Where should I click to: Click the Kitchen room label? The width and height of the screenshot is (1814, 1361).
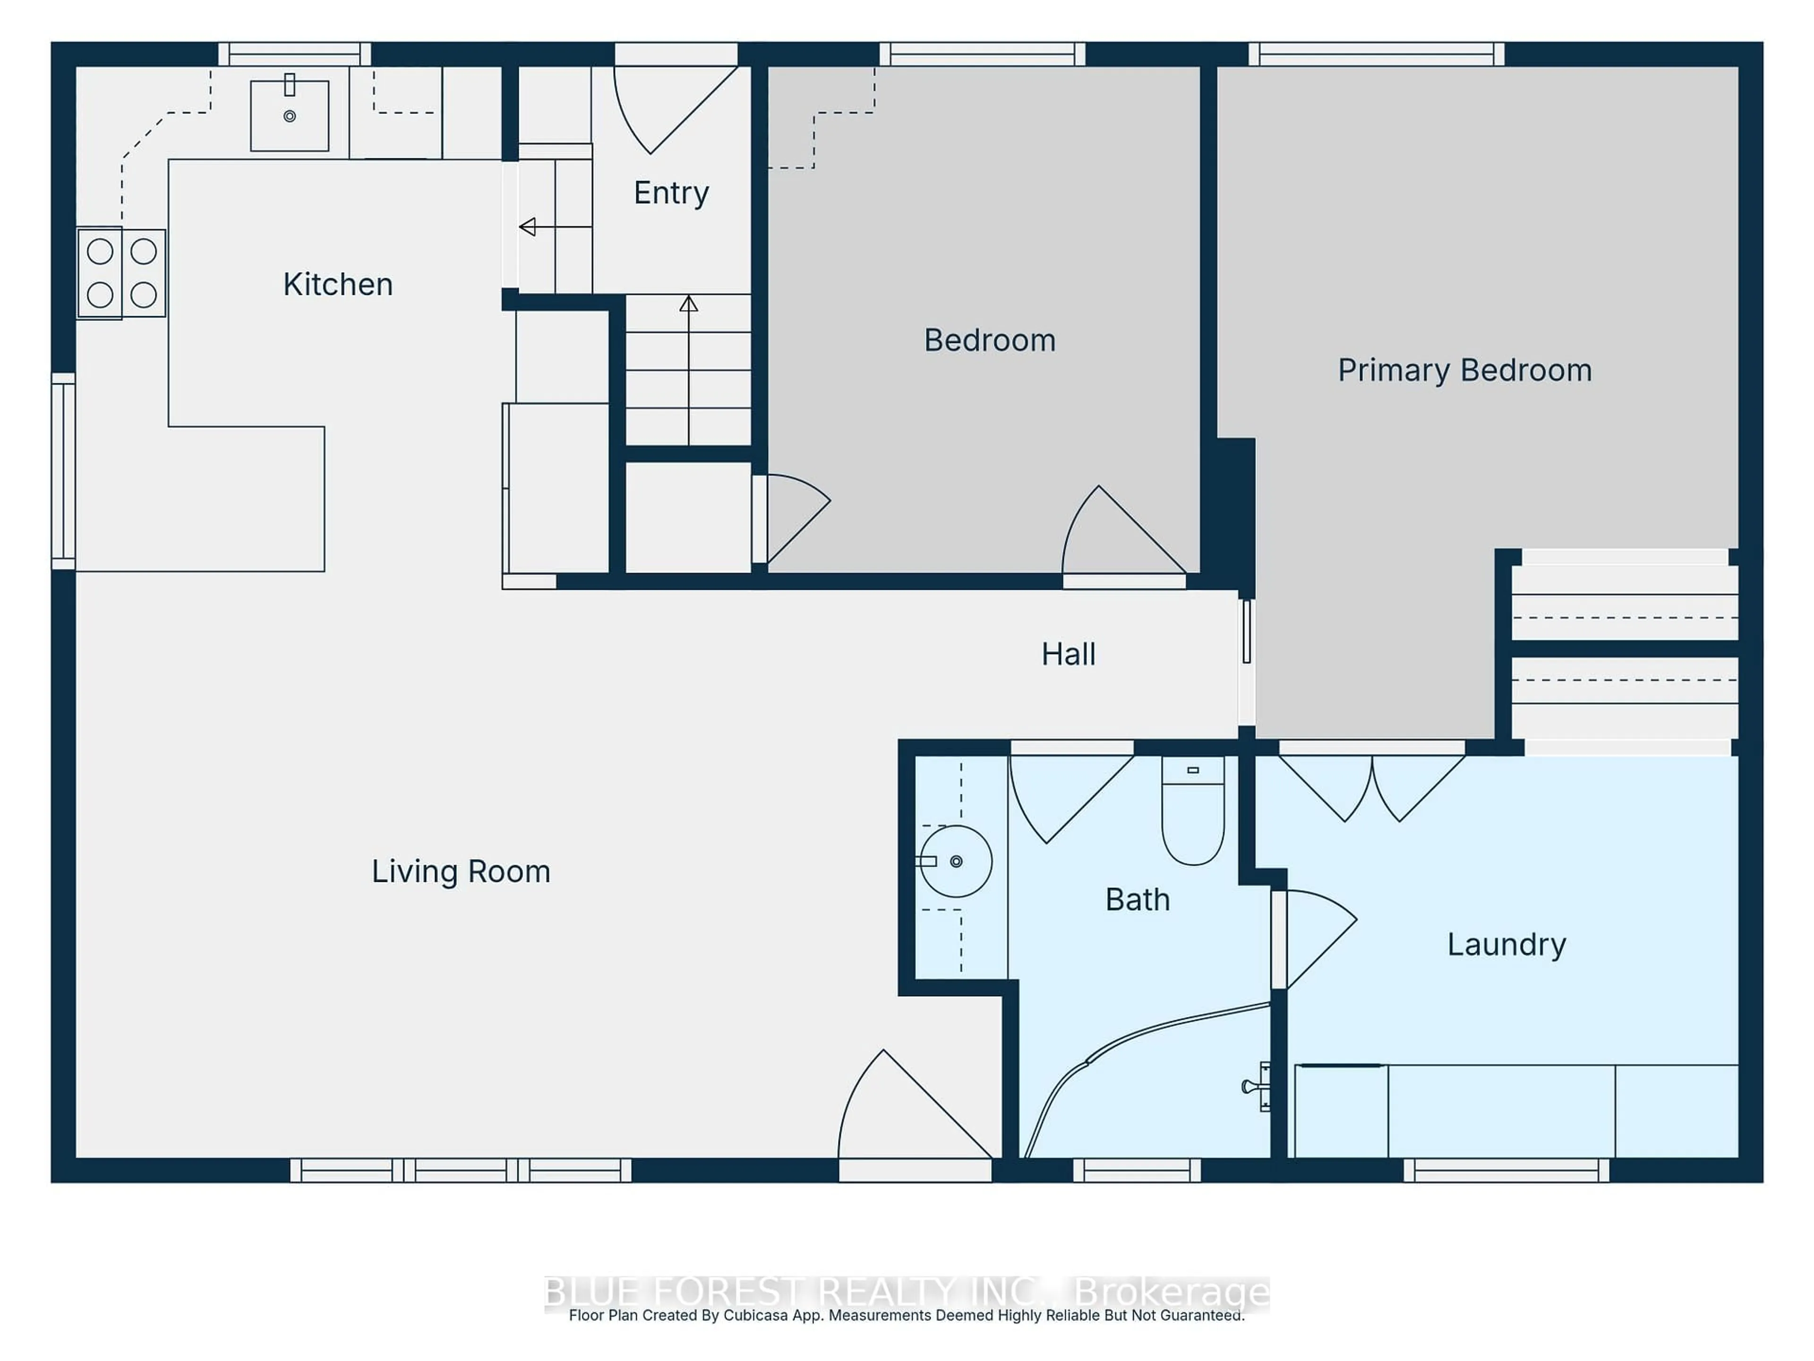coord(338,284)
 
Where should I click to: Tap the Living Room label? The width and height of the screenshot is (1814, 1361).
coord(461,871)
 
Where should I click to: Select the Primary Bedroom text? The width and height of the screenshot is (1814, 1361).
coord(1464,370)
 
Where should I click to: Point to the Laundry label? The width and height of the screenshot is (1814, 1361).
coord(1506,944)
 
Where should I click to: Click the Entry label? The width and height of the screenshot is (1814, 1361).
coord(671,193)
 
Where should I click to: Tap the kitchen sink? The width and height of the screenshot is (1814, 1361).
coord(290,116)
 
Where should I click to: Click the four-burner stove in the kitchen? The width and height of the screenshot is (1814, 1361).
coord(121,273)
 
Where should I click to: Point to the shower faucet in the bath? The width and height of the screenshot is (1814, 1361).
coord(1257,1087)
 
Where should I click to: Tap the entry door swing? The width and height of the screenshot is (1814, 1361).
coord(668,107)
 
